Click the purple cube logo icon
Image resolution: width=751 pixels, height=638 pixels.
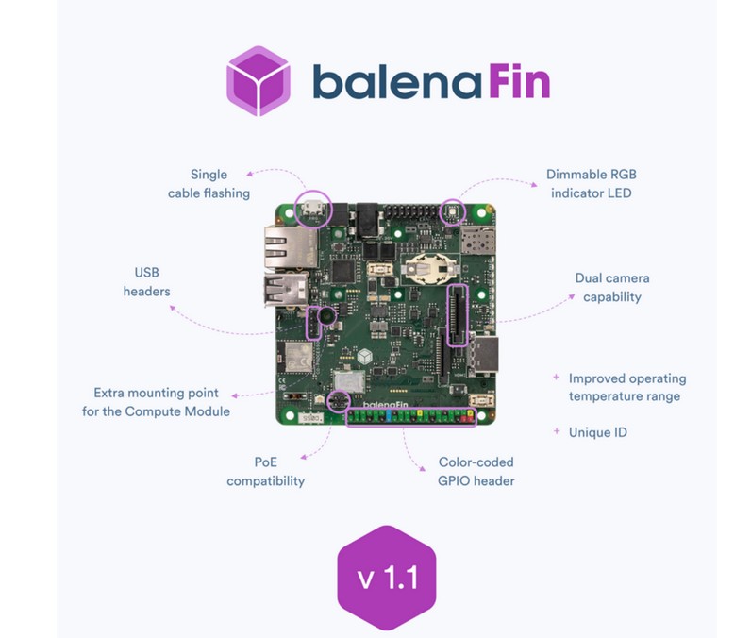pos(258,81)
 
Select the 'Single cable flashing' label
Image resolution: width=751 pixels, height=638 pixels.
pos(209,184)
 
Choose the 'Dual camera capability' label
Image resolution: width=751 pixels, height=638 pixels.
pos(611,288)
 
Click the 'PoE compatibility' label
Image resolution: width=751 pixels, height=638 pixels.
pos(266,472)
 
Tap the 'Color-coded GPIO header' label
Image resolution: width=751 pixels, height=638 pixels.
pos(476,472)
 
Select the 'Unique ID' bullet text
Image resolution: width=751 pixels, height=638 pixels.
pos(597,432)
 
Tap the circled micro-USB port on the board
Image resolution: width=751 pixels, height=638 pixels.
pos(313,208)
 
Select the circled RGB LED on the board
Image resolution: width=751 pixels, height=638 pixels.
pos(452,211)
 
